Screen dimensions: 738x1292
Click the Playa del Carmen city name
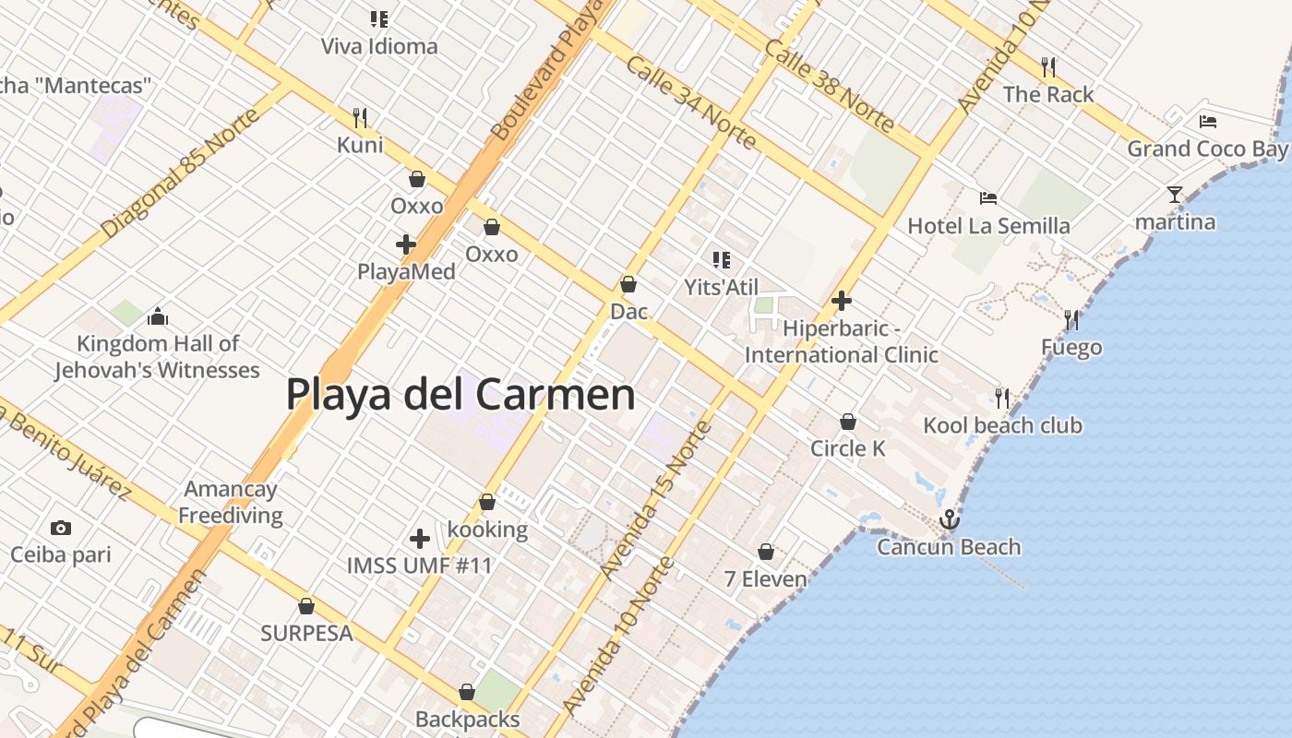point(461,394)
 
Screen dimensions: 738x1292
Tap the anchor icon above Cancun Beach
point(949,520)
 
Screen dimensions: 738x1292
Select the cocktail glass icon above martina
point(1174,195)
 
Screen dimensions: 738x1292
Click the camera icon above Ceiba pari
point(61,528)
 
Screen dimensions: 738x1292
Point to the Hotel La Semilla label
point(988,225)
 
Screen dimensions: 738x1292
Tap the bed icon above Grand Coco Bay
point(1207,121)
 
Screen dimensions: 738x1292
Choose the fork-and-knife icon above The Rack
point(1048,66)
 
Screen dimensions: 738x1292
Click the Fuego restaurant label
point(1071,347)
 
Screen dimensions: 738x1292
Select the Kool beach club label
point(1002,425)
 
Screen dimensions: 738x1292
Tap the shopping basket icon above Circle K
point(847,422)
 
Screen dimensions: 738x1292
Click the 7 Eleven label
point(765,579)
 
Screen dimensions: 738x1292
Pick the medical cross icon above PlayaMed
point(405,244)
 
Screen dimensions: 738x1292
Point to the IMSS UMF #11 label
point(419,565)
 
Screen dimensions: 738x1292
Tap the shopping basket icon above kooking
point(486,503)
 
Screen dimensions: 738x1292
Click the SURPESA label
point(306,633)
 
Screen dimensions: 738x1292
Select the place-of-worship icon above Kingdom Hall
point(157,317)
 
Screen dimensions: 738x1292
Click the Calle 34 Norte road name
point(691,102)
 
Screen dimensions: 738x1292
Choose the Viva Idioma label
point(379,45)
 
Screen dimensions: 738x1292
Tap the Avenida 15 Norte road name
point(656,500)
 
